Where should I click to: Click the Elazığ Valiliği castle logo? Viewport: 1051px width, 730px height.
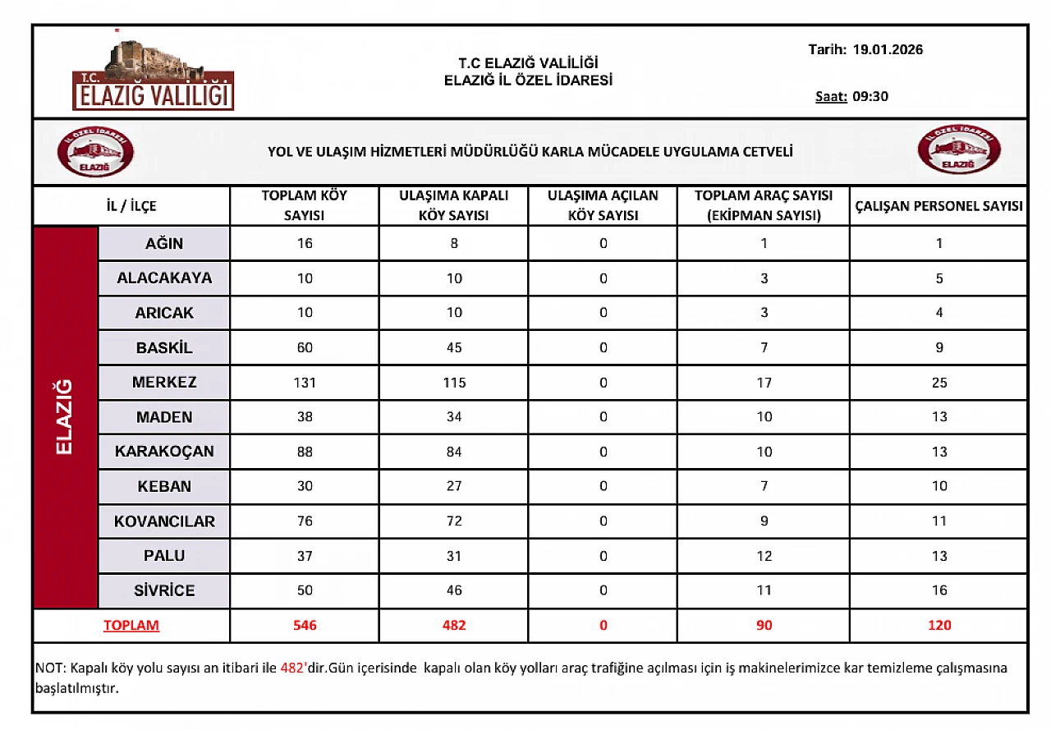tap(153, 74)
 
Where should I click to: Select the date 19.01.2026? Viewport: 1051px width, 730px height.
tap(888, 49)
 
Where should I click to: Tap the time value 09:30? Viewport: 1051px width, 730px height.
tap(870, 96)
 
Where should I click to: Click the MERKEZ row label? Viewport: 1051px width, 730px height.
tap(164, 383)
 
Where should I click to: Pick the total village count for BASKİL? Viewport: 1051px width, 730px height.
tap(305, 347)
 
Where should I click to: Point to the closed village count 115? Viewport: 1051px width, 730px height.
tap(453, 383)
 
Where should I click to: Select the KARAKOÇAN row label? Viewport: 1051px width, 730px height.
tap(164, 452)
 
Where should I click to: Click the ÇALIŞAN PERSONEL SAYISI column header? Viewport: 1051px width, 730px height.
tap(939, 206)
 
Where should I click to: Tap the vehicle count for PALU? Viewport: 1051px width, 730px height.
tap(764, 556)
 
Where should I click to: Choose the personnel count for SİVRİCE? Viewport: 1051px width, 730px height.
tap(939, 590)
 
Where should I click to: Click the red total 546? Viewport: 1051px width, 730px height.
tap(305, 626)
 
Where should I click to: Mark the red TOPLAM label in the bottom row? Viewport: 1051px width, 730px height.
tap(131, 626)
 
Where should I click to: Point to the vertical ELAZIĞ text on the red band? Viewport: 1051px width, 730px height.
tap(65, 417)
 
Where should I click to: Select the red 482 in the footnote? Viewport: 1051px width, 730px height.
tap(293, 668)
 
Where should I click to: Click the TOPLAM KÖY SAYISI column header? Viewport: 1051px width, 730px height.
tap(305, 205)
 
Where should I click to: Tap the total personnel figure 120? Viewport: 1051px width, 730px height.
tap(939, 626)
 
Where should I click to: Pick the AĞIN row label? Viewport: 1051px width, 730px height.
tap(164, 244)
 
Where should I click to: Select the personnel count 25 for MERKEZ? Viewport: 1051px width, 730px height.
tap(939, 383)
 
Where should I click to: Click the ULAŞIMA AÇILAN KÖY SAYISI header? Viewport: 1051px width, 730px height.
tap(603, 205)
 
